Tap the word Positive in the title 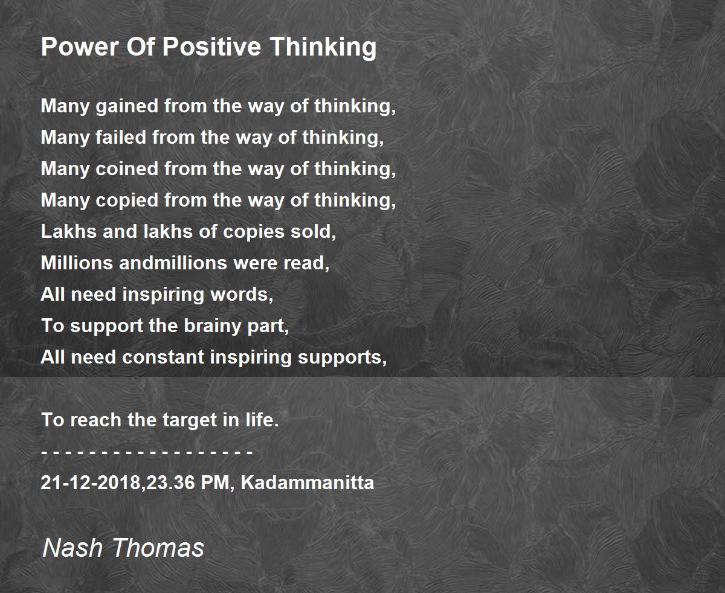(211, 46)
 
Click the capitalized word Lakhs (69, 231)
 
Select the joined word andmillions (173, 263)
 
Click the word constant (163, 357)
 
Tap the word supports (342, 358)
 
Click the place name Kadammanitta (308, 482)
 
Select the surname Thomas (158, 548)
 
